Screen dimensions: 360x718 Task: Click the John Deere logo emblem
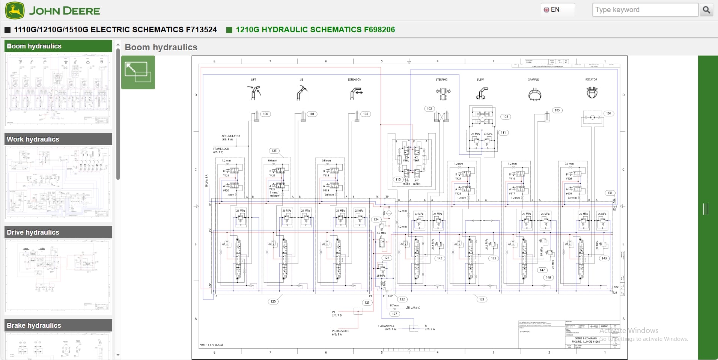click(15, 10)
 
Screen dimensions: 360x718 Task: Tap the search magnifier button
click(706, 10)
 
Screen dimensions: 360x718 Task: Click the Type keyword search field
click(645, 10)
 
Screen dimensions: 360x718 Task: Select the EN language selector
click(552, 10)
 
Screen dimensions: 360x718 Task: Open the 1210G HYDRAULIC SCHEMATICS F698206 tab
click(315, 30)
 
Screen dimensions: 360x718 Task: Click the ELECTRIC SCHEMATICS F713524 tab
click(115, 30)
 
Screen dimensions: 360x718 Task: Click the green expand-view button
click(138, 72)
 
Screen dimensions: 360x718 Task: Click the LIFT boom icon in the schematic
click(254, 92)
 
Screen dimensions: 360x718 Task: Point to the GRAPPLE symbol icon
click(534, 94)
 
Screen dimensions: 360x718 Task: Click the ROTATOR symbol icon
click(592, 92)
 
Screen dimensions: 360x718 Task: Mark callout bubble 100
click(265, 114)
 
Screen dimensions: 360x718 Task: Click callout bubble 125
click(274, 151)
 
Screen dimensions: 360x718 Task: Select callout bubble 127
click(394, 314)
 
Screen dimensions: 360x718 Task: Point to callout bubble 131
click(610, 193)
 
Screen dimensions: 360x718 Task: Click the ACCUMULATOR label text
click(230, 136)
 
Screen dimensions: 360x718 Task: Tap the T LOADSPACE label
click(386, 326)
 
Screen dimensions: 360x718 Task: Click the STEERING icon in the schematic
click(443, 93)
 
